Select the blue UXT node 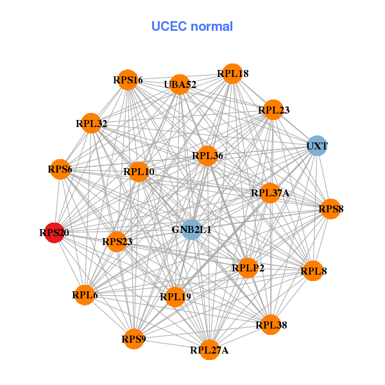coord(316,146)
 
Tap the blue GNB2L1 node coord(191,229)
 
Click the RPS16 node coord(128,80)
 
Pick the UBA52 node coord(180,84)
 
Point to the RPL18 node coord(232,74)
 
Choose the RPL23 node coord(273,110)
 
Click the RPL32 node coord(92,123)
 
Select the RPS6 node coord(60,169)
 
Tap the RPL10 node coord(139,171)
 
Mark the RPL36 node coord(207,156)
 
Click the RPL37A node coord(270,193)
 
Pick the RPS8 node coord(330,209)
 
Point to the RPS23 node coord(117,242)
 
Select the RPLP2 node coord(248,268)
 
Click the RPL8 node coord(313,271)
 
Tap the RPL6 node coord(85,295)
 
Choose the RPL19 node coord(175,296)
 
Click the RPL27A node coord(209,350)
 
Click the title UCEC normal coord(192,26)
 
